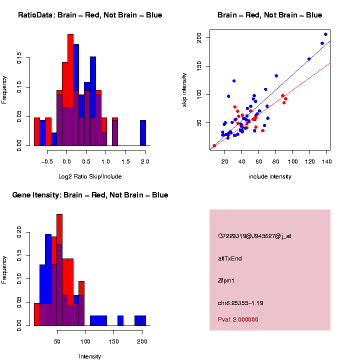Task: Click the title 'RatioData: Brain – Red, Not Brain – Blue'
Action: coord(90,15)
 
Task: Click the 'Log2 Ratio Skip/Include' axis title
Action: coord(90,176)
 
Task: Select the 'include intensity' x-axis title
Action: coord(270,176)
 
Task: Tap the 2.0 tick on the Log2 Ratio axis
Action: coord(144,162)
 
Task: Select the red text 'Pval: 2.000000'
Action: coord(238,319)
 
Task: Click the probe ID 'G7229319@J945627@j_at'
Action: coord(254,236)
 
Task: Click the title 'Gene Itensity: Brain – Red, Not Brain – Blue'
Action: coord(90,195)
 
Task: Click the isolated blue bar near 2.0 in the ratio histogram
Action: coord(143,133)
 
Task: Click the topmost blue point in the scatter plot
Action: coord(325,34)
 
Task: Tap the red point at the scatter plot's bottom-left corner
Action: coord(214,145)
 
